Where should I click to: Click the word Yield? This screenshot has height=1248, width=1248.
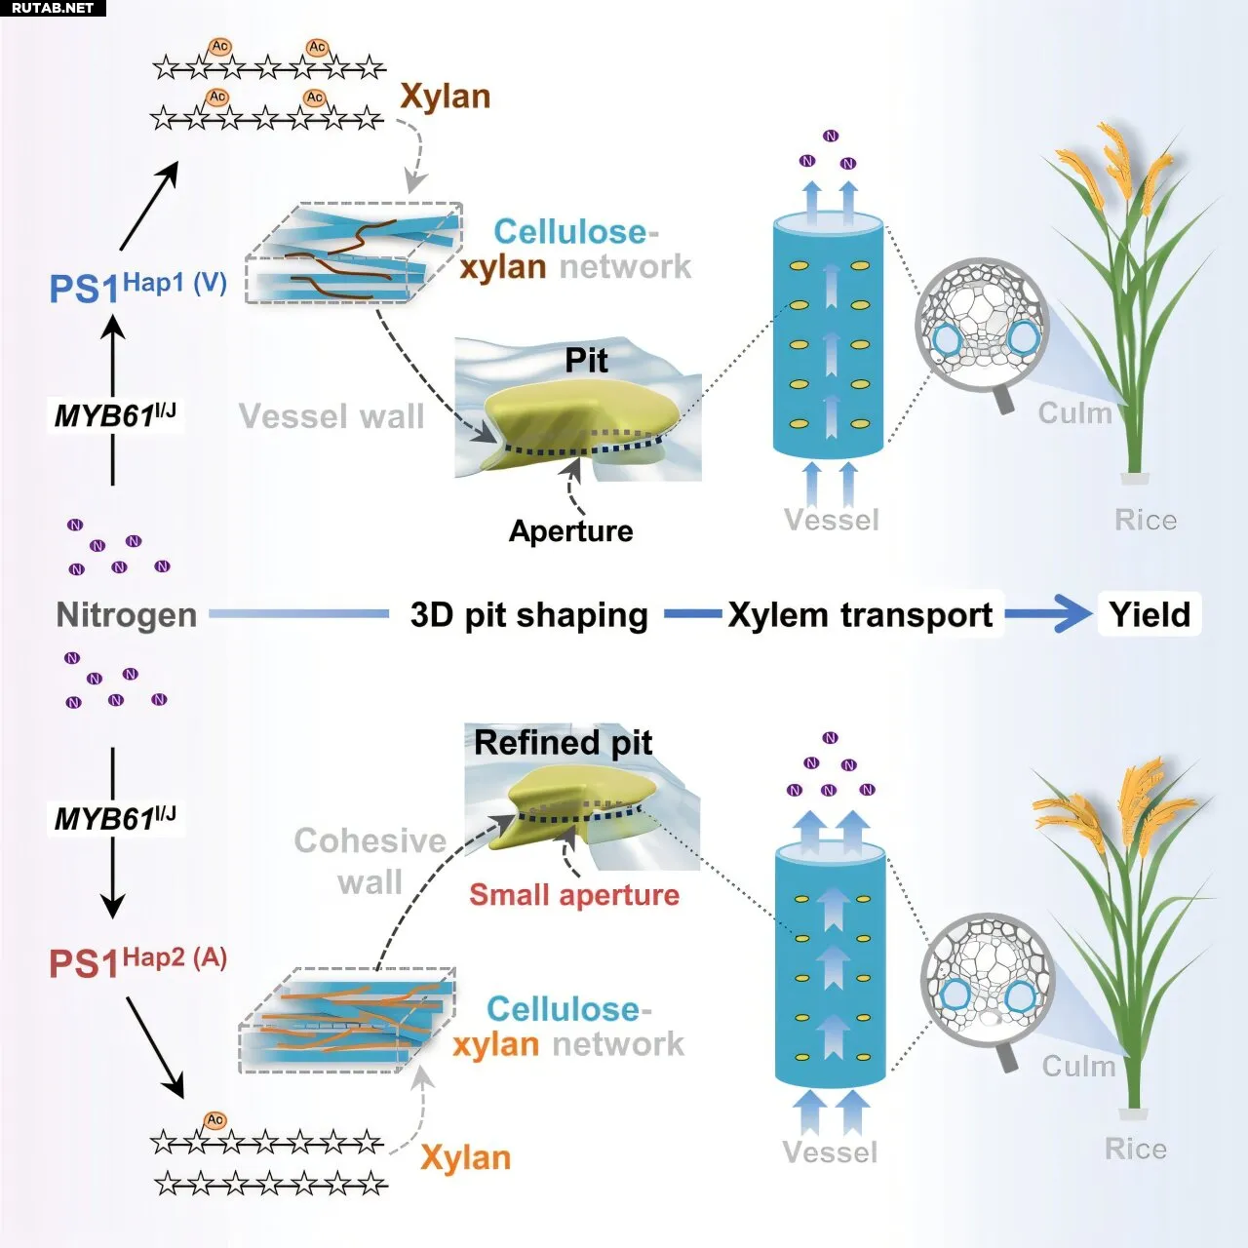pos(1150,614)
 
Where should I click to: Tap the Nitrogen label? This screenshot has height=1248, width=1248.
pos(127,615)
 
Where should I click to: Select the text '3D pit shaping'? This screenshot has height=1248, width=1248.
pos(529,615)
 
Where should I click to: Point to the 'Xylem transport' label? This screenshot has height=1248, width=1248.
pos(860,615)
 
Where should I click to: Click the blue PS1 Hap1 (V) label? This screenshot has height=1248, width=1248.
pos(137,287)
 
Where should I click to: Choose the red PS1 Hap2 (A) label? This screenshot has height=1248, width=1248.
pos(137,961)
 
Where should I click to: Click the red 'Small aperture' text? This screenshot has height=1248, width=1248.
pos(574,894)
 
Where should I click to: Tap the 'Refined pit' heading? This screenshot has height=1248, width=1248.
pos(563,743)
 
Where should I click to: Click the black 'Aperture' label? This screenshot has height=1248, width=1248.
pos(570,530)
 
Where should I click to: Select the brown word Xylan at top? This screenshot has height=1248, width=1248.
pos(445,97)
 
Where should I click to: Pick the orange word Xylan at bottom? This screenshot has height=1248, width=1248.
pos(465,1157)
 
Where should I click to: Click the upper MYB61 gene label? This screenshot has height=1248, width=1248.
pos(114,414)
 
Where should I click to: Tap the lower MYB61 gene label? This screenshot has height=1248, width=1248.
pos(114,817)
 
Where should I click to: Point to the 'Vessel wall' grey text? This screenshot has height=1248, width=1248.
pos(331,416)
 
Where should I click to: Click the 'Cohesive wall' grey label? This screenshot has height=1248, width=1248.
pos(370,861)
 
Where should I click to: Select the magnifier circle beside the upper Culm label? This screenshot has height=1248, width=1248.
pos(982,328)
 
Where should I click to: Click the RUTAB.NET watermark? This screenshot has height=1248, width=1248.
pos(52,8)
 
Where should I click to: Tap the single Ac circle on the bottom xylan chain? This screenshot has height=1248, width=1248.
pos(215,1120)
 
